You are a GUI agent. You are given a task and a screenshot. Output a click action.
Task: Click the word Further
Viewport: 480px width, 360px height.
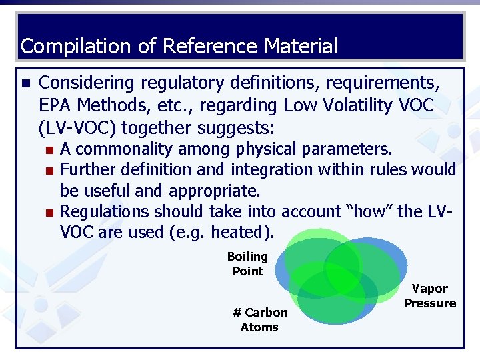point(85,169)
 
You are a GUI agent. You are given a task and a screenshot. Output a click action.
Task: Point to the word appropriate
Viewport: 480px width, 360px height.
point(215,191)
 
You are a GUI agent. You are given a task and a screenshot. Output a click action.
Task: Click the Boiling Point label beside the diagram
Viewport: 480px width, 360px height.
point(247,264)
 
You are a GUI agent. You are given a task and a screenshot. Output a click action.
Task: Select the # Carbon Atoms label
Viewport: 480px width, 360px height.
point(260,319)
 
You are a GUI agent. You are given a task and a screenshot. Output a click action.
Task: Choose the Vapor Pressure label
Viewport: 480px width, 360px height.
point(430,296)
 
